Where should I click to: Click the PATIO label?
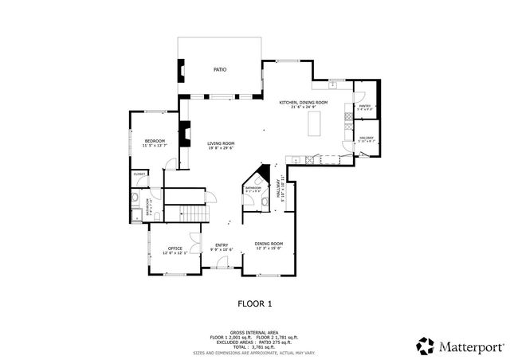(219, 70)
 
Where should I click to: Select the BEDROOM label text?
(154, 141)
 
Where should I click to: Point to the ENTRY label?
(221, 245)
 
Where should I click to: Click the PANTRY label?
(365, 106)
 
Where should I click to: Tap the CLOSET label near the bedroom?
(139, 173)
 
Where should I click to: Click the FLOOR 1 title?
(255, 303)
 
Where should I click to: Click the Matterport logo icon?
(425, 345)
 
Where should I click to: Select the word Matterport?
(469, 346)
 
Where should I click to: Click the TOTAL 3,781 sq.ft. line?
(255, 346)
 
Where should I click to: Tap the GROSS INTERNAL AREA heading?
(254, 333)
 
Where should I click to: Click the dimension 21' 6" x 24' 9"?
(303, 107)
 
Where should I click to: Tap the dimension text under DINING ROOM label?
(269, 248)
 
